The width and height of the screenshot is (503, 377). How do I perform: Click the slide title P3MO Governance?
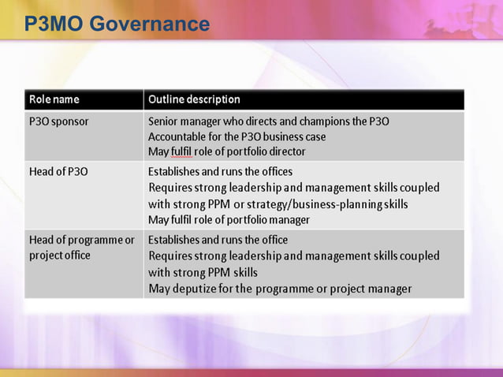click(x=117, y=24)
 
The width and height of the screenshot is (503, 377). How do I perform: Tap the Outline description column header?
click(x=194, y=99)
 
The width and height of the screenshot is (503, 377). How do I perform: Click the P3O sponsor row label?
click(x=59, y=121)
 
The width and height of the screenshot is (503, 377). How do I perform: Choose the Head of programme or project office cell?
click(x=81, y=247)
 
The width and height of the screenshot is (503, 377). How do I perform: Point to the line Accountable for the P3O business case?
click(x=237, y=136)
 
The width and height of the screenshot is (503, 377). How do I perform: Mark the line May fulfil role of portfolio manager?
click(x=229, y=220)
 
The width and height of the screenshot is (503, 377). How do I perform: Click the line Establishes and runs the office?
click(x=218, y=239)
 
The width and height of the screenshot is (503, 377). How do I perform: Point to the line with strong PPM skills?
click(x=203, y=272)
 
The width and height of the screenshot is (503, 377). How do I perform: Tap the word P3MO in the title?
click(x=54, y=24)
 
